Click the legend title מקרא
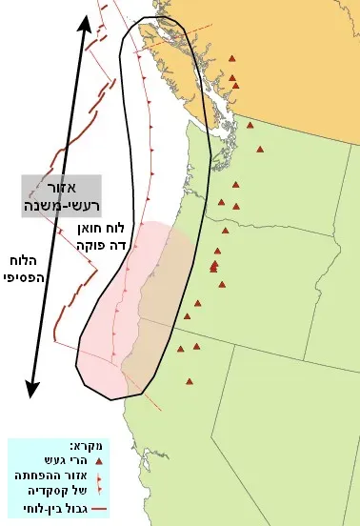[84, 445]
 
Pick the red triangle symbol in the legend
[98, 459]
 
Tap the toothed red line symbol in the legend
[99, 483]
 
